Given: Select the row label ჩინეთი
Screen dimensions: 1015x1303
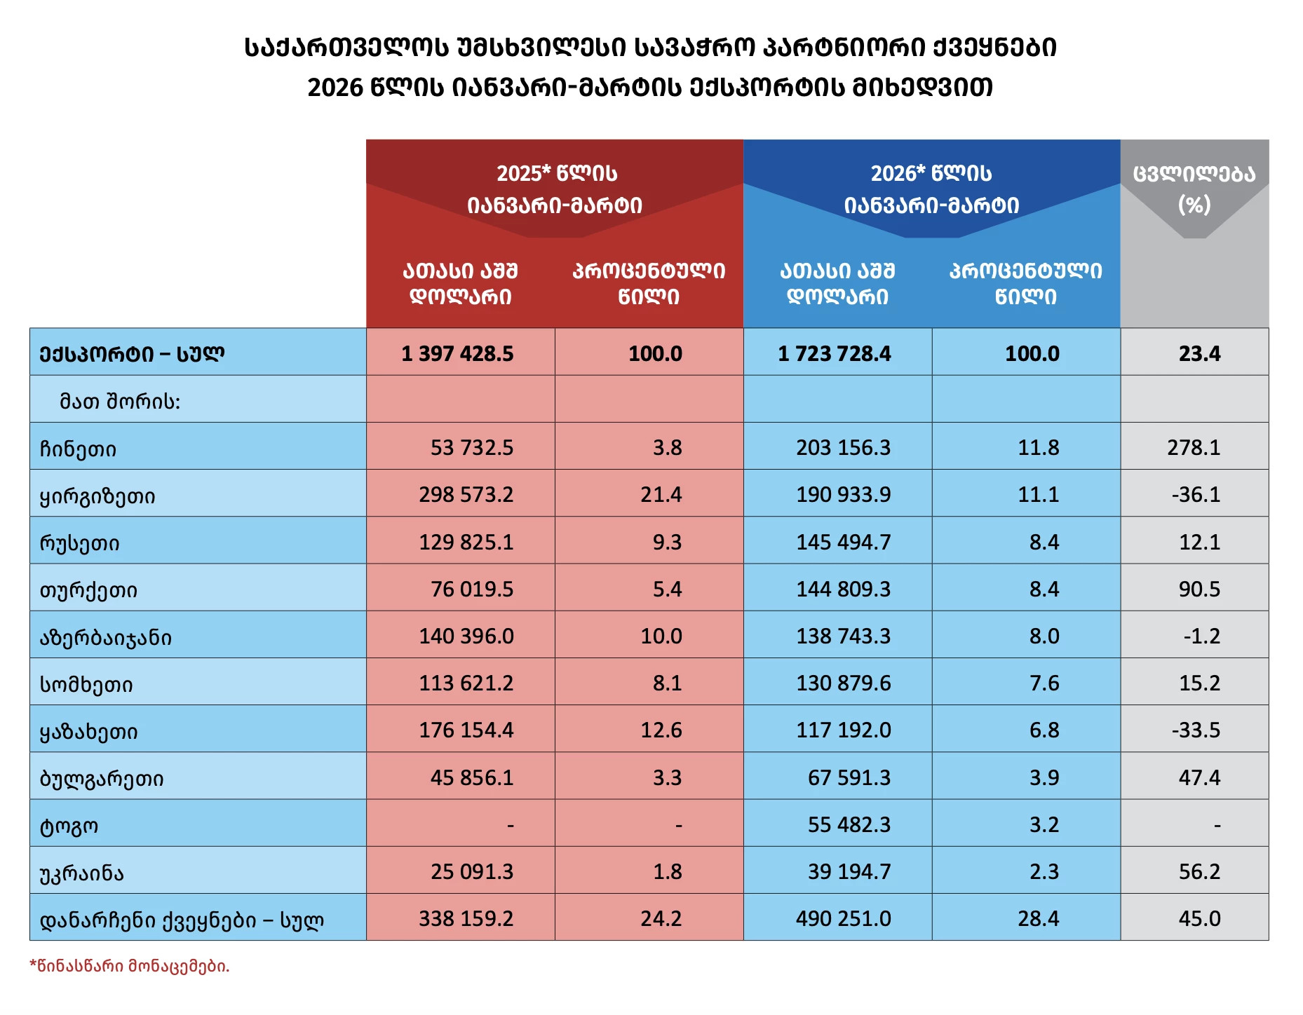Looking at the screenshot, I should click(78, 449).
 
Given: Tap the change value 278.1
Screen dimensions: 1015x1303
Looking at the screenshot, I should click(1194, 447).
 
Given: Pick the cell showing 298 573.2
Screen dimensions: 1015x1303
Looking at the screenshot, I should click(466, 494).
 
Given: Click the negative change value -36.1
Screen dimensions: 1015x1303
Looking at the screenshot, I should click(1196, 494).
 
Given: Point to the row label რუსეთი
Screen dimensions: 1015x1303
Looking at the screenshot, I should click(79, 543).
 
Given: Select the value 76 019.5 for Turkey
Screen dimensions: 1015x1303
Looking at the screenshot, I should click(471, 589).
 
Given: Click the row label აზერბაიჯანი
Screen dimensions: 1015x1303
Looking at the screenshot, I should click(105, 637).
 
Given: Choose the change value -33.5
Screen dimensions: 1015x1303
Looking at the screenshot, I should click(1196, 730).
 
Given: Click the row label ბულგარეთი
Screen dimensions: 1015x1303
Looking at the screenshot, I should click(101, 778).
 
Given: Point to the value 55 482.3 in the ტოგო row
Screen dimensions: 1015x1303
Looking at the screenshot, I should click(849, 824).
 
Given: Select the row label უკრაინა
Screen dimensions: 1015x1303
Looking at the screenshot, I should click(81, 873).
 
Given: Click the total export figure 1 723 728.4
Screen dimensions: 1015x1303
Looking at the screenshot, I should click(834, 353).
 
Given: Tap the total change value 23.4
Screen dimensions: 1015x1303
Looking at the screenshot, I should click(1199, 353).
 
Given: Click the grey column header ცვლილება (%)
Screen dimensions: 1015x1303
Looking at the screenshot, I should click(1194, 189).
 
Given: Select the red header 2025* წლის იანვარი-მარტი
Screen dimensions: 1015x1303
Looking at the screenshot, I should click(555, 189).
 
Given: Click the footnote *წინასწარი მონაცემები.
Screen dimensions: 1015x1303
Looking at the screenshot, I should click(130, 966).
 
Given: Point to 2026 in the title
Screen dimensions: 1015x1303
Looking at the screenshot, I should click(335, 88).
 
